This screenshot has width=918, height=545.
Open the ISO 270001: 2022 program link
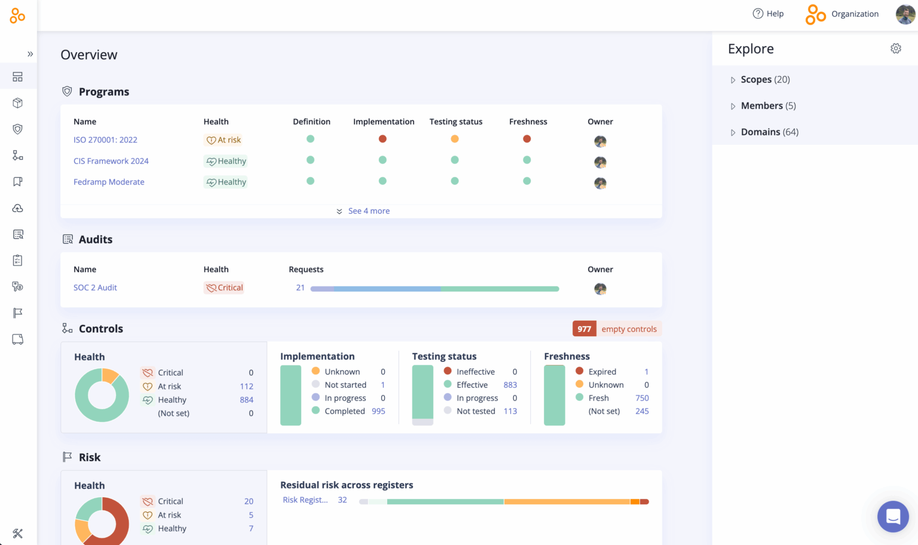[105, 140]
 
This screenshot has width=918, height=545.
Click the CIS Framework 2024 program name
[111, 161]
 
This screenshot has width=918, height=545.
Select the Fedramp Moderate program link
[109, 182]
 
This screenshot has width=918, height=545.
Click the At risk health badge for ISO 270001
[224, 140]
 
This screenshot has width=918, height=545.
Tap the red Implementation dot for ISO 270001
[382, 139]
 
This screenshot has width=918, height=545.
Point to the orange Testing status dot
[455, 139]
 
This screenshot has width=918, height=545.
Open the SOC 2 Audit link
[95, 288]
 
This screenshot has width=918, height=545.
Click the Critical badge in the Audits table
[224, 288]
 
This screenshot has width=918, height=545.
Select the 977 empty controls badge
[617, 329]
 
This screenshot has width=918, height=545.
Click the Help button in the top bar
[768, 14]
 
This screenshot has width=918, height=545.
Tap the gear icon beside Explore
[895, 48]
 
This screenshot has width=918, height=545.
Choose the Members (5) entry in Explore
[768, 106]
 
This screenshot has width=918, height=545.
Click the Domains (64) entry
[769, 132]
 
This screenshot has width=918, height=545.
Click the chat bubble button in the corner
[893, 516]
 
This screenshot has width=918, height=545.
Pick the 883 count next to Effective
[510, 385]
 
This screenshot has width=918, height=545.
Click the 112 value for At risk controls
[246, 386]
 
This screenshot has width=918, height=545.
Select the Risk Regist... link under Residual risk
[305, 500]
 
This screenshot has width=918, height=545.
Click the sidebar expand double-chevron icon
[30, 54]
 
